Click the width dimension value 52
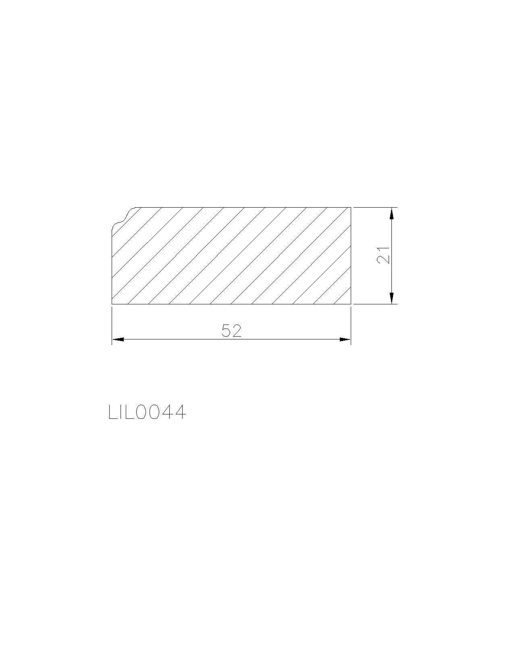pos(231,331)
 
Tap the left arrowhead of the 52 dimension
pos(118,339)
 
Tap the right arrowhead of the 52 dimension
pos(345,339)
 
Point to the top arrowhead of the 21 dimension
pos(391,213)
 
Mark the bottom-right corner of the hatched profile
pos(351,304)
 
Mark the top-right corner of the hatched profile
pos(351,207)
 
